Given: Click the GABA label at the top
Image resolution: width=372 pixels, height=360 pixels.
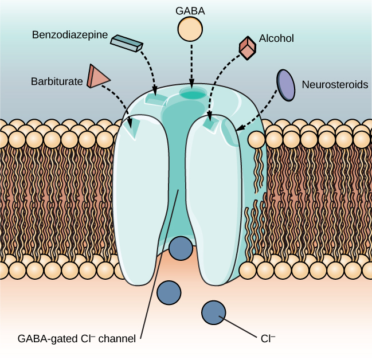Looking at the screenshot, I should pos(190,10).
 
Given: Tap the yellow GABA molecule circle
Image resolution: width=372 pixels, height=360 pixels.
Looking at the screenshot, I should pos(190,29).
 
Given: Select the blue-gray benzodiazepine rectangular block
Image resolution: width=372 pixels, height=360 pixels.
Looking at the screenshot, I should pos(127,42).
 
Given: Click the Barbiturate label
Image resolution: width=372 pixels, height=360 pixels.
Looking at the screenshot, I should pos(56,81).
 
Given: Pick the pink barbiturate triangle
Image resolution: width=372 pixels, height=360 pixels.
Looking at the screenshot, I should pos(96,76).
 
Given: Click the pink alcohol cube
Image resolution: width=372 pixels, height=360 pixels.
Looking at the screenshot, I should pos(247,48).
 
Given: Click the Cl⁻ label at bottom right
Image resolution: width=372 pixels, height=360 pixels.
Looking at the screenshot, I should pos(268,339).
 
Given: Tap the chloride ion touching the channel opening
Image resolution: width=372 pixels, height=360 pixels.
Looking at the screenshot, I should pos(181,248).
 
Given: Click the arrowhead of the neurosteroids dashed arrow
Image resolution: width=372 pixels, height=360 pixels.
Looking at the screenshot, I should pos(240,129).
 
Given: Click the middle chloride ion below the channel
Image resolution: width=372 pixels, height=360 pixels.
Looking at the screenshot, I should pos(169,292).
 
